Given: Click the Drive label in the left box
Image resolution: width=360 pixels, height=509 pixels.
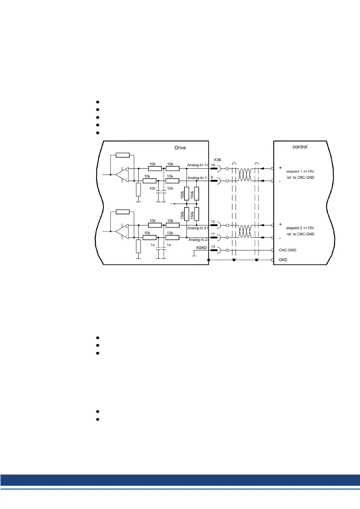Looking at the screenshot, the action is pos(180,148).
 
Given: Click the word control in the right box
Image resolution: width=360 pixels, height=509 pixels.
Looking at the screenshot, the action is pos(300,147).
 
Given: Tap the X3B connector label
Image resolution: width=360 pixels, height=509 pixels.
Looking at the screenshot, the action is pos(217,160).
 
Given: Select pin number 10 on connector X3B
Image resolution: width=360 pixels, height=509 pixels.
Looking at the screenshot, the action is pos(213,165).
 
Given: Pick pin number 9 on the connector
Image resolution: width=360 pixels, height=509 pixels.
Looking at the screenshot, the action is pos(212,177).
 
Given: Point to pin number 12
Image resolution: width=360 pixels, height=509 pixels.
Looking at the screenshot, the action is pos(213,222).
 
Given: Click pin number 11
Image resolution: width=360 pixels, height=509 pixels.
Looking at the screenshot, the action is pos(213,234).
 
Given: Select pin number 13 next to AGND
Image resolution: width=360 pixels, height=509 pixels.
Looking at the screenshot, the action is pos(213,247).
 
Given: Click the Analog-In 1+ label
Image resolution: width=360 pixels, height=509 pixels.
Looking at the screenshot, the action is pos(198,165).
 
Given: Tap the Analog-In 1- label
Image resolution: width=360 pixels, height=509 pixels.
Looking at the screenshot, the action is pos(198,178).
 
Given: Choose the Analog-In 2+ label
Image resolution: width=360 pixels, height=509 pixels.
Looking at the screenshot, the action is pos(198,228).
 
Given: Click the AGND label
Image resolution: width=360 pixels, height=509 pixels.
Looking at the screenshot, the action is pos(201,248).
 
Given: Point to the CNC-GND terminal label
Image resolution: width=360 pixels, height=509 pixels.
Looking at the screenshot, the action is pos(287,250).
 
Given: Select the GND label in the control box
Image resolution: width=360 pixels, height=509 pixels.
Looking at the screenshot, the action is pos(283,260).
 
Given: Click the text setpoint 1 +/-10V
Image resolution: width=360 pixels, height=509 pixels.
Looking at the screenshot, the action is pos(300,171).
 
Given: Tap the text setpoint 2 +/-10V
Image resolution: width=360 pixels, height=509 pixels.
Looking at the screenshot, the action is pos(300,228).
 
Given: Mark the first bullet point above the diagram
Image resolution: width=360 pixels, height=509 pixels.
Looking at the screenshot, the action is pos(98,102).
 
